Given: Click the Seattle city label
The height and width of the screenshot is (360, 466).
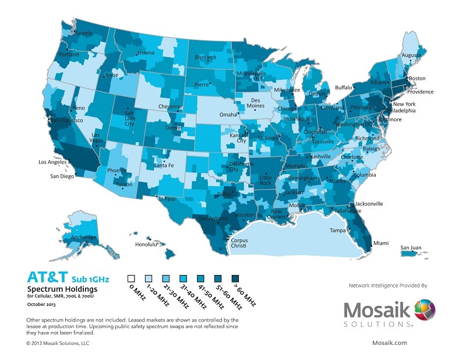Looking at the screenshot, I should point(84,33).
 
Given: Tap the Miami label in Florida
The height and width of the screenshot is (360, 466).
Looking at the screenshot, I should point(381,243).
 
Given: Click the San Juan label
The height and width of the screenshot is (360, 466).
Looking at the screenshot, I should point(411,248).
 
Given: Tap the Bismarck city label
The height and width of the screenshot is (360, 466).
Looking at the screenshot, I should point(205,58).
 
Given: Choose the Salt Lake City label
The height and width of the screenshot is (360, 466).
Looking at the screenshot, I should point(129,118).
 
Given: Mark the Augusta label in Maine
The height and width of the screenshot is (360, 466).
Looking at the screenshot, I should point(411,56).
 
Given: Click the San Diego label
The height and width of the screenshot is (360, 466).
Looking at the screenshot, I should point(61,176).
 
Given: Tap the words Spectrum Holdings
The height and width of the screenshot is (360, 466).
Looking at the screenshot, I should point(62,289).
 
